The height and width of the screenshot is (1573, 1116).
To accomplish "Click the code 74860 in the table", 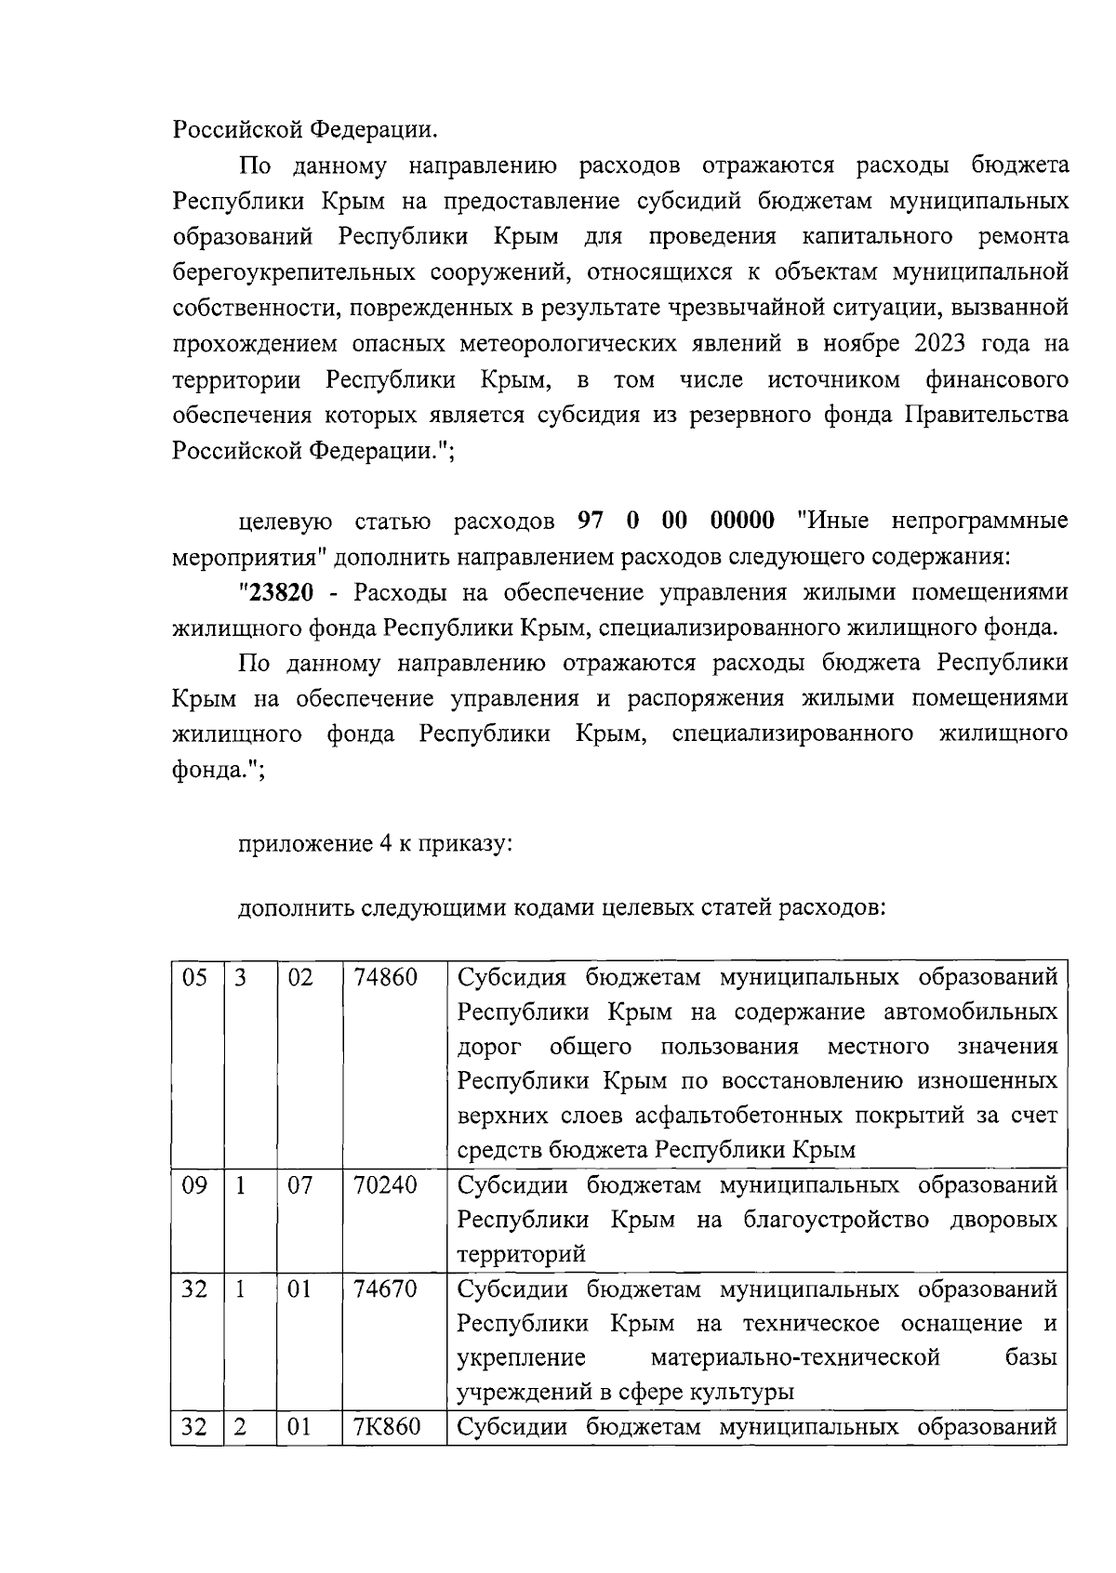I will pyautogui.click(x=385, y=978).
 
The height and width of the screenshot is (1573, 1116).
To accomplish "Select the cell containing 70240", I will pyautogui.click(x=385, y=1185).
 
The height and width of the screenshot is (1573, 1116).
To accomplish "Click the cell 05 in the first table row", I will pyautogui.click(x=194, y=978).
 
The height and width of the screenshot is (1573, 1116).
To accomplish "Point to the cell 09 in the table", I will pyautogui.click(x=194, y=1185).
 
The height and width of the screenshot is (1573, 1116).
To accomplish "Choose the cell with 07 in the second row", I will pyautogui.click(x=300, y=1185).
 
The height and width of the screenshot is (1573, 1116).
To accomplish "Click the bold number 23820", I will pyautogui.click(x=278, y=593).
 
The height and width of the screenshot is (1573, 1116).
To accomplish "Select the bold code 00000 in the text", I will pyautogui.click(x=742, y=521).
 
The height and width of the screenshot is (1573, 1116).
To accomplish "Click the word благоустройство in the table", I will pyautogui.click(x=832, y=1220).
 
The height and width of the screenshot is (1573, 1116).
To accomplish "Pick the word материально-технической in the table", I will pyautogui.click(x=795, y=1358).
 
